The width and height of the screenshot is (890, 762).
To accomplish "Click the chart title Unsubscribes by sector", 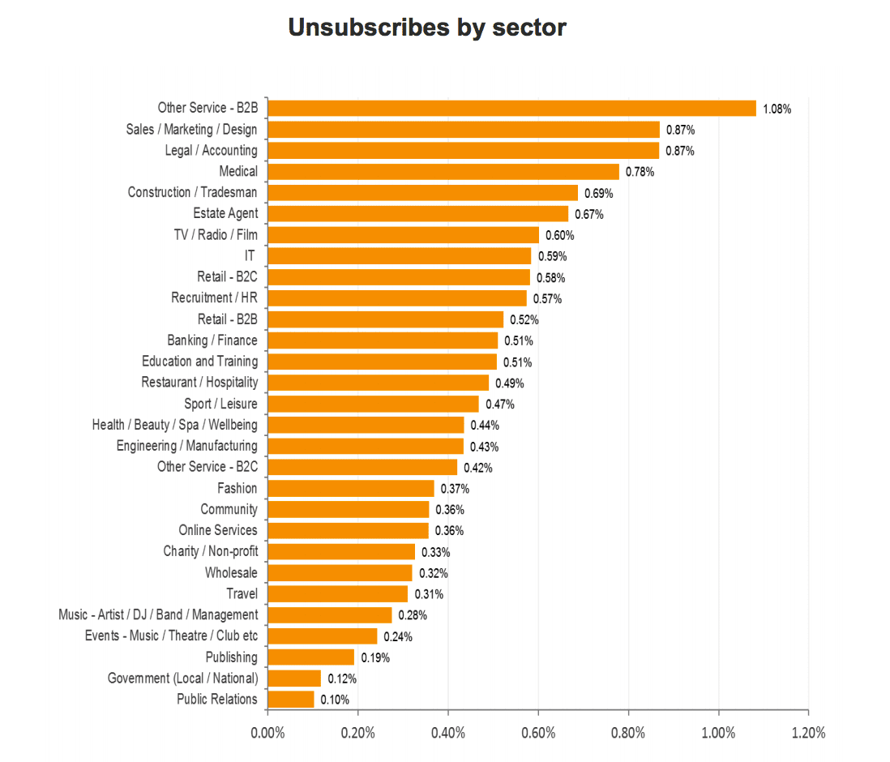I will (x=427, y=28).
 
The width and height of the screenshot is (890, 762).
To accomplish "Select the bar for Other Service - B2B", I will (x=511, y=108).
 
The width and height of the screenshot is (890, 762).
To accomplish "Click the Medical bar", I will (x=443, y=172).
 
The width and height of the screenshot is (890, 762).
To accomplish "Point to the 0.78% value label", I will (x=640, y=172).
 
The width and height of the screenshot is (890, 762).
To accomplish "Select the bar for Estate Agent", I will (x=418, y=214).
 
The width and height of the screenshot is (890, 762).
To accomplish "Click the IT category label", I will (x=250, y=256).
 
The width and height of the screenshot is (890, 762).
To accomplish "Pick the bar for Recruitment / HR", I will (x=397, y=298).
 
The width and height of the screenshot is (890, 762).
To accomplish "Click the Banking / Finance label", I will (x=212, y=340).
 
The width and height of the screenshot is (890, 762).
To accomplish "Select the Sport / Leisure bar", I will (x=374, y=404).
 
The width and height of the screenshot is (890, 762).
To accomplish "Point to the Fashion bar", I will (x=351, y=488).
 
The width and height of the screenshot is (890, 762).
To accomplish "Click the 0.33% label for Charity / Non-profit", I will (x=435, y=552).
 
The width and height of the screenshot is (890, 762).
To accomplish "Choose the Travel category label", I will (x=242, y=594).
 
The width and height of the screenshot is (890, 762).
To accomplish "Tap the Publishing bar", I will (x=311, y=657).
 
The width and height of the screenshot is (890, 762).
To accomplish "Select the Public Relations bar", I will (x=291, y=700).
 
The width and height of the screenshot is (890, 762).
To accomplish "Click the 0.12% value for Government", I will (x=342, y=679).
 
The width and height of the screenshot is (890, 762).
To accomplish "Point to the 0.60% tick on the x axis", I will (x=538, y=733).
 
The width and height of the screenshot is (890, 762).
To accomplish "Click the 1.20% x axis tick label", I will (x=807, y=733).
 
